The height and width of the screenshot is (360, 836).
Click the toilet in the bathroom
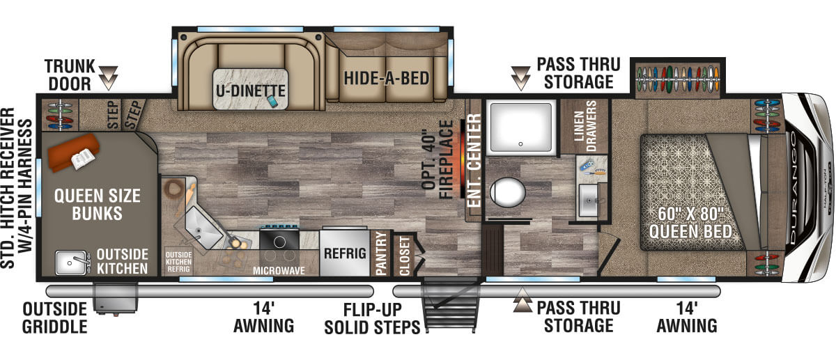508,192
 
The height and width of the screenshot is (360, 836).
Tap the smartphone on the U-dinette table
272,101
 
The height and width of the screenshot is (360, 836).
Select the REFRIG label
345,253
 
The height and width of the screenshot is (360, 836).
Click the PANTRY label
380,253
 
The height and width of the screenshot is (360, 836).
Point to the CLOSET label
405,256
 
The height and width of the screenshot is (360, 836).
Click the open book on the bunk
83,159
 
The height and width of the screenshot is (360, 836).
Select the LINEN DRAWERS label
585,126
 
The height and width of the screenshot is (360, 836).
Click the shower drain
520,144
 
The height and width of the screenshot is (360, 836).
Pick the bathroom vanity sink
589,201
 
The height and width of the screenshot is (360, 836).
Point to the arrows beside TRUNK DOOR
109,78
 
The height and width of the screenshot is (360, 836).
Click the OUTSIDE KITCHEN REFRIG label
179,262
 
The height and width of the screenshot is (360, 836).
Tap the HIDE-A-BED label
386,79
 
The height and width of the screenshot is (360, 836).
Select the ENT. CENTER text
474,160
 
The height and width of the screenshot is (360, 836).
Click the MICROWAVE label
279,271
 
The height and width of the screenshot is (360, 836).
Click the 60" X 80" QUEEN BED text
690,223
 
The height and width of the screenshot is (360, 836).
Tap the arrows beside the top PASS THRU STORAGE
520,79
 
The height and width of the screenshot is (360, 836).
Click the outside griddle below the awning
116,298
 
